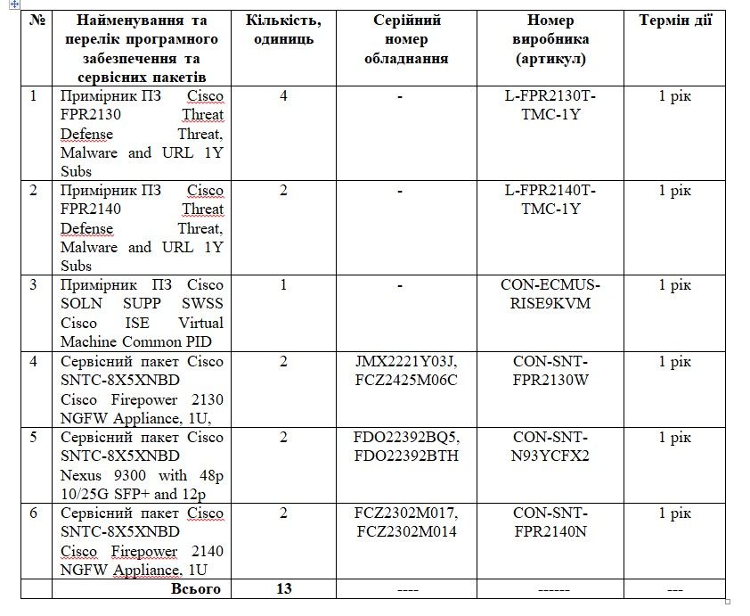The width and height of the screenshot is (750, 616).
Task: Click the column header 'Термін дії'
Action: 675,21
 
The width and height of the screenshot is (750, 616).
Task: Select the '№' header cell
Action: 37,21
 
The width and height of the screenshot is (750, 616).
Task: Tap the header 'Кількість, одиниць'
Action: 283,29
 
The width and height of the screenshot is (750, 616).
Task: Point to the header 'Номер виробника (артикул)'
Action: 550,39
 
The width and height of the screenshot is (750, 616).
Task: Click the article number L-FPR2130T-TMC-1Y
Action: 550,104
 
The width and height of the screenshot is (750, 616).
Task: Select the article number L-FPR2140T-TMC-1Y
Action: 550,199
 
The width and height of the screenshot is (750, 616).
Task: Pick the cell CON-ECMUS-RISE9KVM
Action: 550,294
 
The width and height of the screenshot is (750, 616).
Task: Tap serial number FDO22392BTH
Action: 407,456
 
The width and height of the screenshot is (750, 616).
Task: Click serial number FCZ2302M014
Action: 407,532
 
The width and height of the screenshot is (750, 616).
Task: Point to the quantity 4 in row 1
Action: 283,95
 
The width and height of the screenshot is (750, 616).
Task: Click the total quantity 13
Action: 283,588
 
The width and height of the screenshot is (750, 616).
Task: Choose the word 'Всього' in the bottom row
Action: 196,588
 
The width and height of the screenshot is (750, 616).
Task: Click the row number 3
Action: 34,285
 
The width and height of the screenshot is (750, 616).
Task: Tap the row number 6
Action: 34,513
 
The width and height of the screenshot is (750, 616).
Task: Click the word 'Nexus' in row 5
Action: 80,475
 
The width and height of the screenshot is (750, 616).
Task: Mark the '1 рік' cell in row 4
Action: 675,361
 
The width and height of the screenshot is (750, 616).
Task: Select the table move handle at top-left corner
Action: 11,4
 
